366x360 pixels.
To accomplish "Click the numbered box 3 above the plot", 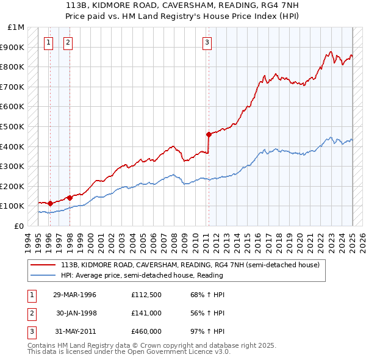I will point(207,43).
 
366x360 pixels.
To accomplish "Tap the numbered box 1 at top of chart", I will point(48,43).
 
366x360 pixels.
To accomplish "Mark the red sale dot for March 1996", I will point(49,203).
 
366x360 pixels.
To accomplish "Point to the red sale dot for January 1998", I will point(70,198).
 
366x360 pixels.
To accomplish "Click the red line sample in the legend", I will point(43,265).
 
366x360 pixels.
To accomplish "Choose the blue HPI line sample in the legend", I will point(43,275).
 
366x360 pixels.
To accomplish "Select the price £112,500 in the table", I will point(146,295).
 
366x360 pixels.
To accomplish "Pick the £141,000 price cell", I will point(146,313).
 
